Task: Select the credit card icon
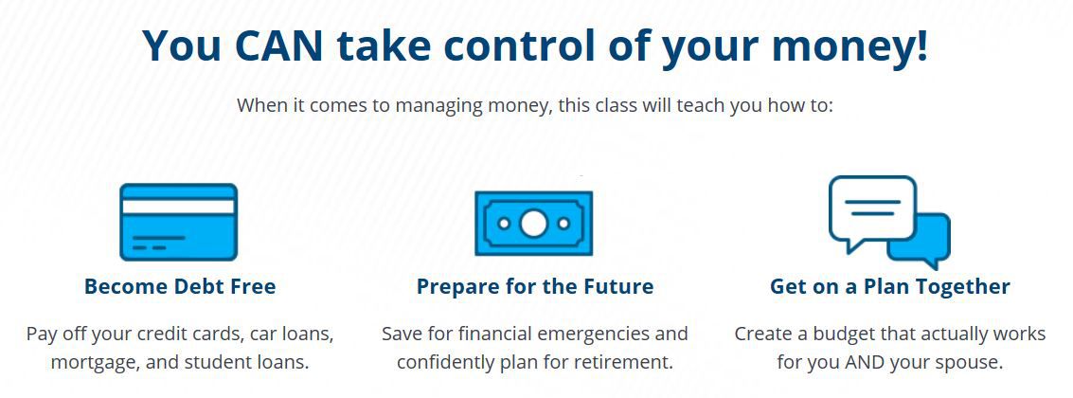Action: click(x=179, y=222)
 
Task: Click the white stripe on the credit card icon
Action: click(x=179, y=207)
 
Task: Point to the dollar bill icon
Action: click(x=534, y=224)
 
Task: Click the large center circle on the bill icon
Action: click(x=534, y=224)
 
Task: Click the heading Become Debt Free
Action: click(x=180, y=285)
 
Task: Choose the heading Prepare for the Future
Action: click(x=535, y=286)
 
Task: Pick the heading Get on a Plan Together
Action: click(x=890, y=286)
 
